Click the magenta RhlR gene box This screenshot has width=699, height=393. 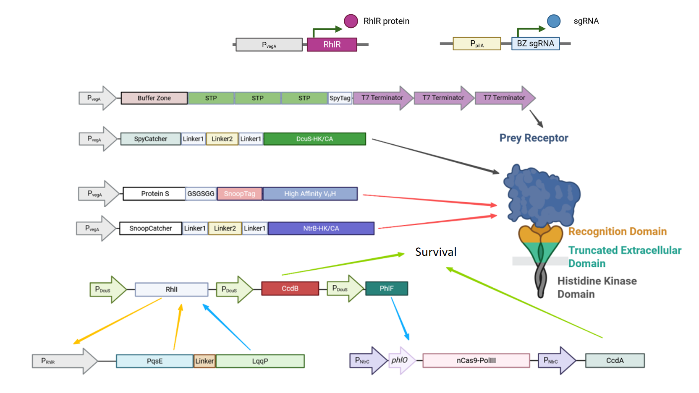[x=332, y=44]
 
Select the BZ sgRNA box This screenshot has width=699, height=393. [x=535, y=44]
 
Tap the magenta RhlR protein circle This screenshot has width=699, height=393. [x=351, y=21]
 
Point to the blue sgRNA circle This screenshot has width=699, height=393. [x=554, y=21]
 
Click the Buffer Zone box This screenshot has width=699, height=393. [x=154, y=98]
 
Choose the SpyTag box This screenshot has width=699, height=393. [x=340, y=98]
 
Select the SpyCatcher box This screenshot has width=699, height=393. [x=150, y=139]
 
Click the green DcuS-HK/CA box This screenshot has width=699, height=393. [x=314, y=139]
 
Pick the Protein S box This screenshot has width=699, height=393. [x=154, y=194]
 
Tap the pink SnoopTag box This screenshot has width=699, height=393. [x=239, y=194]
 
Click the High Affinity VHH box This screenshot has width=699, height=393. [x=310, y=194]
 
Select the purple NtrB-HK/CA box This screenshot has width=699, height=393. [x=321, y=229]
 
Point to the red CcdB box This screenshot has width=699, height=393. [x=290, y=289]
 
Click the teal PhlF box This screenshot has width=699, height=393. [x=386, y=289]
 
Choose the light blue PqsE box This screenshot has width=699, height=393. [x=154, y=361]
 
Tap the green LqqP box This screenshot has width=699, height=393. [x=260, y=361]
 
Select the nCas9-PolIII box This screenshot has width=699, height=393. [x=476, y=361]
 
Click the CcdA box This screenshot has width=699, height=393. [x=615, y=361]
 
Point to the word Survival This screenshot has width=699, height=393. [x=435, y=252]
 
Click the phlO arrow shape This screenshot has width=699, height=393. [x=400, y=360]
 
